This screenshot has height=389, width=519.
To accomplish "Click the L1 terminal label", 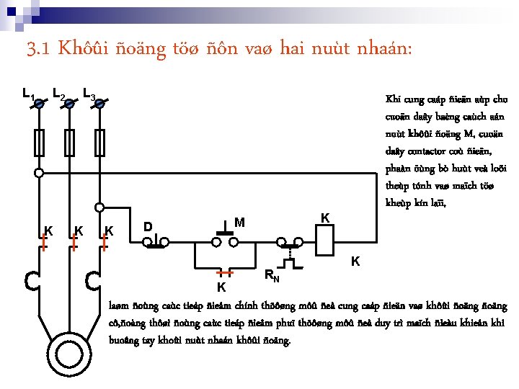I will pos(27,94).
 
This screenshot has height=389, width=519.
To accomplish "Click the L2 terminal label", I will pos(59,94).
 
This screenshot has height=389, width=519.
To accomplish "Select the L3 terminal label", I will pos(89,94).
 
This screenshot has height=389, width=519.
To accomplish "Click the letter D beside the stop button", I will pos(147,227).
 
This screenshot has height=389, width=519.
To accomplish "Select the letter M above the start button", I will pos(240,223).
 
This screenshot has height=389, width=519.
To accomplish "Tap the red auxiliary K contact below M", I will pos(226,274).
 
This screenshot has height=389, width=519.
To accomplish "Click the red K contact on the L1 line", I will pos(43,241).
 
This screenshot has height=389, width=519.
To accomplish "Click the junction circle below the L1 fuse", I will pos(39,173).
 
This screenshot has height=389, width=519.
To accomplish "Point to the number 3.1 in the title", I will pos(37,50).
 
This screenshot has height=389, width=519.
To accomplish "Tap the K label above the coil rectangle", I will pos(325,218).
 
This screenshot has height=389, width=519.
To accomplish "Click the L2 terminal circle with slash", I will pos(69,104).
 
